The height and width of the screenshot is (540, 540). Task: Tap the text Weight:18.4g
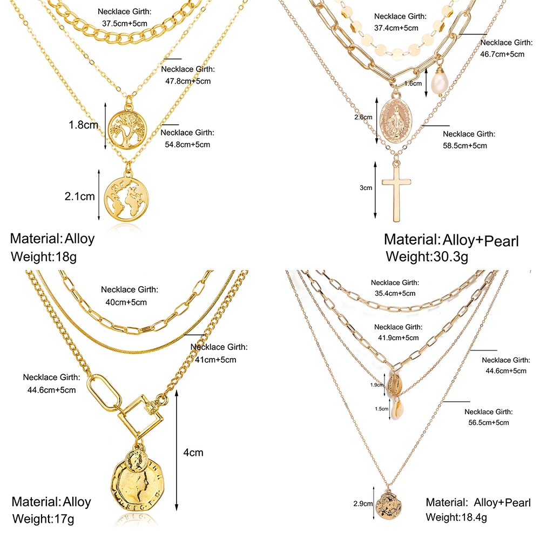[456, 517]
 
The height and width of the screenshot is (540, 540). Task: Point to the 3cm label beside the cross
[366, 188]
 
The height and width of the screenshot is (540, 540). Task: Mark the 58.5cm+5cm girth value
[465, 145]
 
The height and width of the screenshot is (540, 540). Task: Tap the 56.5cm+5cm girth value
[487, 422]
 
